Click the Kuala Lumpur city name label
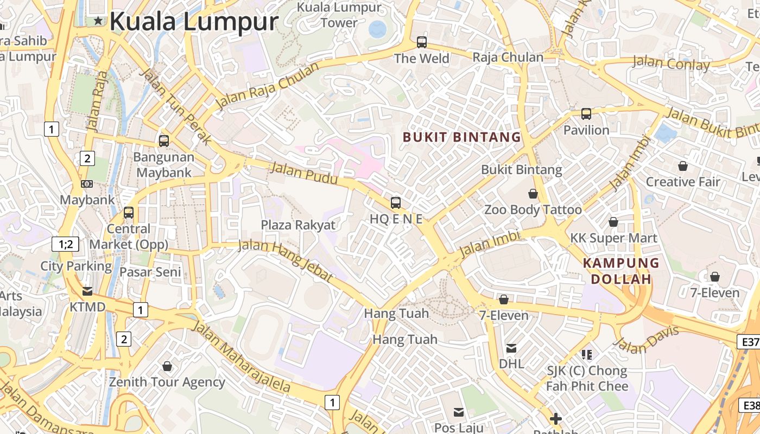[x=194, y=22]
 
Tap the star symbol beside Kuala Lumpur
[x=98, y=21]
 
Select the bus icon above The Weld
[x=421, y=42]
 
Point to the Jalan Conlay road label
[x=671, y=63]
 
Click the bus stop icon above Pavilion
[x=586, y=114]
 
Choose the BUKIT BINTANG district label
[x=462, y=137]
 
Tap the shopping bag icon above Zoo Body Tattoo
[x=533, y=194]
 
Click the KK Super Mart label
[x=613, y=238]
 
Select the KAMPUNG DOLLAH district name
[x=621, y=271]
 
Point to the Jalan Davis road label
[x=646, y=339]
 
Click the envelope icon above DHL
[x=511, y=348]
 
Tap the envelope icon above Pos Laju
[x=459, y=412]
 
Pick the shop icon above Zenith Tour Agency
[x=167, y=367]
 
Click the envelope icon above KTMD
[x=87, y=291]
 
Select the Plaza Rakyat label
[x=298, y=225]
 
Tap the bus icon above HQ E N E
[x=396, y=203]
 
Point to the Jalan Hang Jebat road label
[x=286, y=260]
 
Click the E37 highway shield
[x=750, y=342]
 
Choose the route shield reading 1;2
[x=66, y=244]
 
